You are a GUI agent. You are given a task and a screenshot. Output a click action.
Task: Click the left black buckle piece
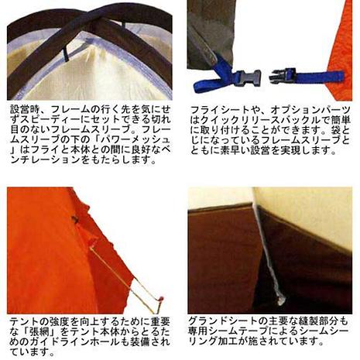[248, 78]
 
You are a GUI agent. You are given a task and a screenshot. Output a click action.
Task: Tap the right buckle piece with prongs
[283, 75]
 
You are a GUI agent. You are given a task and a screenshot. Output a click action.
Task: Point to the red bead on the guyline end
[161, 299]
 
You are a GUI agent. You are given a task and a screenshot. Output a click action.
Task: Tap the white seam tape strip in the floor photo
[269, 255]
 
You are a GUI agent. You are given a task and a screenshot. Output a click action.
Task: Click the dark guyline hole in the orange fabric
[75, 220]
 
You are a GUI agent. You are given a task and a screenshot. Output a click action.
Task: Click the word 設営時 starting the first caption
[26, 110]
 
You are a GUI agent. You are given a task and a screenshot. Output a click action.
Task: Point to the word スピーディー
[57, 120]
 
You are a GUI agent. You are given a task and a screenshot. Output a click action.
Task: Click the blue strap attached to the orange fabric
[320, 77]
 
